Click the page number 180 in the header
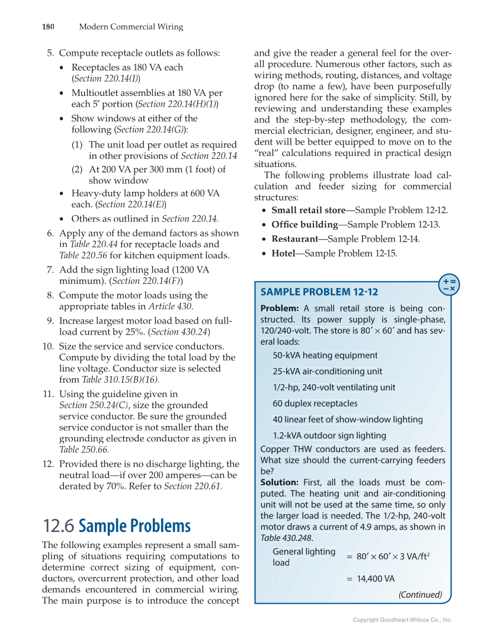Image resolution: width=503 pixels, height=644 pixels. tap(48, 27)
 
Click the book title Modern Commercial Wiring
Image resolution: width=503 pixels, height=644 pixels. tap(131, 27)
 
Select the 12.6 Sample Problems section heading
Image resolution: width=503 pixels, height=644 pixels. tap(117, 526)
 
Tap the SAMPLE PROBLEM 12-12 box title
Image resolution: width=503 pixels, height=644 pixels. tap(319, 291)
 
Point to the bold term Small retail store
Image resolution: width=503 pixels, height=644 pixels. tap(308, 210)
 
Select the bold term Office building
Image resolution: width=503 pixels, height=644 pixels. tap(305, 225)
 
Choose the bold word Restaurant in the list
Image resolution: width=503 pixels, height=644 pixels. tap(294, 239)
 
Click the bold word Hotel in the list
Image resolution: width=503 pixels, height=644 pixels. tap(283, 253)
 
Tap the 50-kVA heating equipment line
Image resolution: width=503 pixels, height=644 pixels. tap(325, 355)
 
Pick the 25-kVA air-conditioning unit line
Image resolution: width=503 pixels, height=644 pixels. tap(327, 371)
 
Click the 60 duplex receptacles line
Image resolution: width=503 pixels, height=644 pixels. tap(315, 403)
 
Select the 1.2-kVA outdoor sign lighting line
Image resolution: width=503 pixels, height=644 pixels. tap(329, 435)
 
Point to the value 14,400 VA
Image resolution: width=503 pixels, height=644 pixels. tap(375, 579)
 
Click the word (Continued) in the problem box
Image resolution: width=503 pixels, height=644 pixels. tap(420, 594)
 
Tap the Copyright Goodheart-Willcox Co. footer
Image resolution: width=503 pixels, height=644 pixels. tap(402, 620)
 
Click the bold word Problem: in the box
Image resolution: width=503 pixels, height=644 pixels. tap(280, 308)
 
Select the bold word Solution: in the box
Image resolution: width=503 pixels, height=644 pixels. tap(280, 482)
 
